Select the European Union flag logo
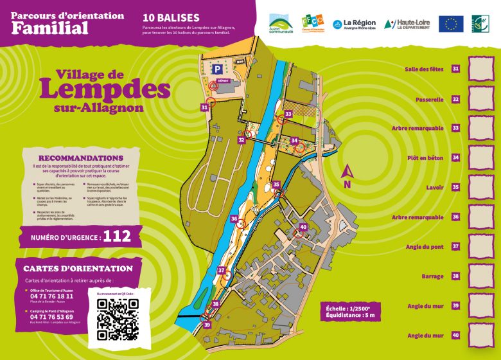coord(451,24)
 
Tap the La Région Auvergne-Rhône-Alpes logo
coord(354,24)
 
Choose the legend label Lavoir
coord(434,188)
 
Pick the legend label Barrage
coord(432,276)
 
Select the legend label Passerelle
coord(430,100)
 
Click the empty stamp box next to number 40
coord(479,335)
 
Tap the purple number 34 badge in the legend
coord(455,157)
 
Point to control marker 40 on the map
coord(303,226)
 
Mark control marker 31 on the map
coord(204,108)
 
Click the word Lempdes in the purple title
coord(105,89)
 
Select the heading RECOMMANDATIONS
coord(81,157)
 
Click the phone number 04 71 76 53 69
coord(51,317)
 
